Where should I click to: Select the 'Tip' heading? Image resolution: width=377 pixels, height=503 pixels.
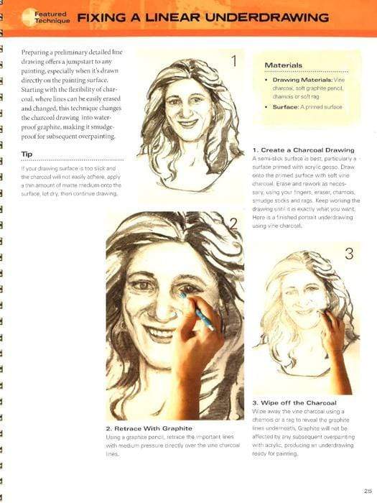(x=27, y=154)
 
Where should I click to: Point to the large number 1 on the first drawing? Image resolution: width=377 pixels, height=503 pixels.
(x=233, y=60)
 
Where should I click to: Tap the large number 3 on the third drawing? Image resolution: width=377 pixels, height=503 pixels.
(x=348, y=253)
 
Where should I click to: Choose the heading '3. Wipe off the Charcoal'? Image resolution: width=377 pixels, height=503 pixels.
(x=294, y=402)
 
